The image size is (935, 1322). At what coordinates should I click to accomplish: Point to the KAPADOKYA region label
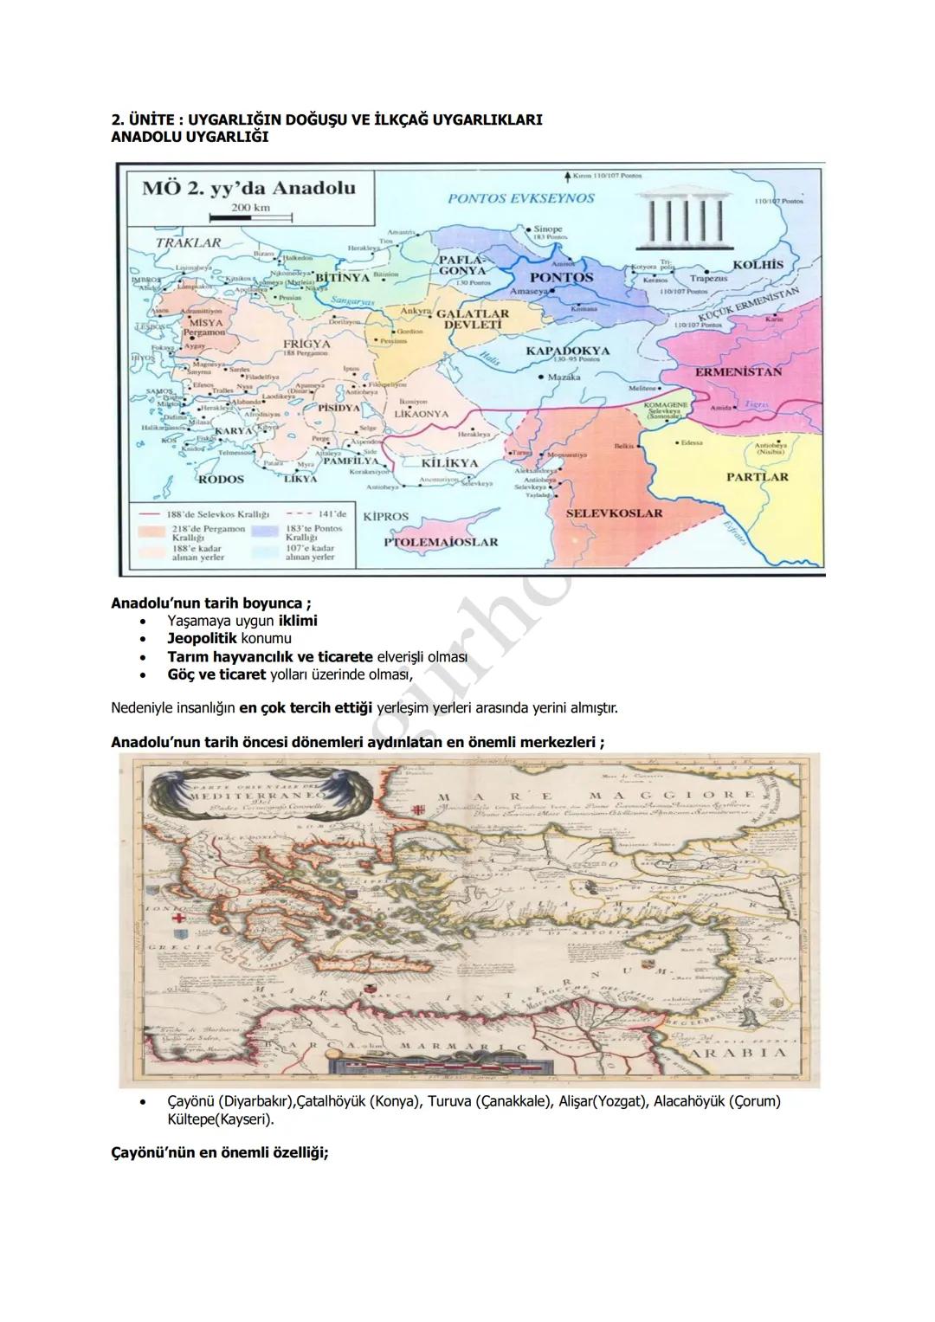pos(567,351)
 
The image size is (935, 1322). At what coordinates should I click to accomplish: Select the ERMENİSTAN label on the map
pos(738,371)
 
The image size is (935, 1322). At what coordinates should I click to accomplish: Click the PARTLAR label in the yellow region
pos(757,477)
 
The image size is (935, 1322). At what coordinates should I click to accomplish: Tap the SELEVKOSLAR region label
pos(614,513)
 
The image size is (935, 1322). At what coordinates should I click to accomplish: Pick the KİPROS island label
pos(385,517)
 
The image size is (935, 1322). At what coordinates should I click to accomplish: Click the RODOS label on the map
pos(222,479)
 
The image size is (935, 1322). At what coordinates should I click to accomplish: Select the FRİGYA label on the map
pos(306,344)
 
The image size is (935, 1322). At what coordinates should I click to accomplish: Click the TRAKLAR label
pos(188,242)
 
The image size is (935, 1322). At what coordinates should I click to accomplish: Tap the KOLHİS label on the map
pos(758,265)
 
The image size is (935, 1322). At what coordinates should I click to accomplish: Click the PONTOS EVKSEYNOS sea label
pos(521,198)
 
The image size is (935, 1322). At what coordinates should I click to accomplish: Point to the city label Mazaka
pos(563,377)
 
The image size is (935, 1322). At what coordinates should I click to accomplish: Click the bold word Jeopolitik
pos(202,639)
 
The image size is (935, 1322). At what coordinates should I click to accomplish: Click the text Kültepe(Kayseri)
pos(220,1119)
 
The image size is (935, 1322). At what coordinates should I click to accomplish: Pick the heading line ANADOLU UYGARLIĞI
pos(190,137)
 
